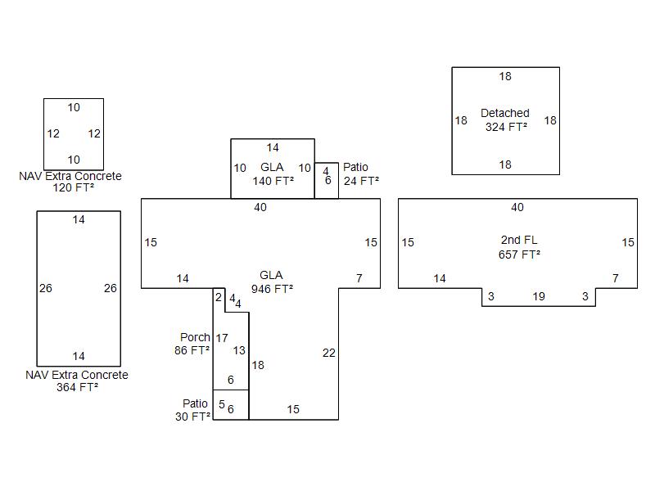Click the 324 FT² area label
coord(505,127)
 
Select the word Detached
coord(505,113)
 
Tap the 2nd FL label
coord(518,241)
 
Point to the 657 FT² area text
coord(518,255)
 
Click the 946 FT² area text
coord(273,288)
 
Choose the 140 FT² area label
coord(273,181)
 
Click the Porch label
coord(195,337)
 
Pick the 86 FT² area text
coord(192,350)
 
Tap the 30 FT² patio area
coord(192,417)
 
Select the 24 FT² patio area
coord(362,181)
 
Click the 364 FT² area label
coord(78,388)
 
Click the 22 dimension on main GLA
coord(329,353)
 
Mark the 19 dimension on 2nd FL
coord(539,296)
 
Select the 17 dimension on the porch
coord(222,338)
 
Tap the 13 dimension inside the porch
coord(239,350)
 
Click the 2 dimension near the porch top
coord(219,297)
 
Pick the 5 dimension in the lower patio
coord(221,404)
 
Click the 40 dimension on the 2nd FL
coord(517,208)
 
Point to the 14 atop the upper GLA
coord(273,148)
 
